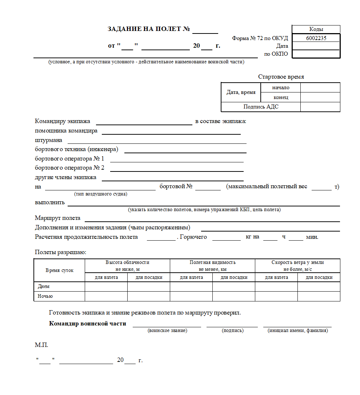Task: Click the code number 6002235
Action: coord(316,38)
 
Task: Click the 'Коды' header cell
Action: coord(316,29)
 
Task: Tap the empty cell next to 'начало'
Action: coord(320,87)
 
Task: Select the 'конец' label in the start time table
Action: coord(281,97)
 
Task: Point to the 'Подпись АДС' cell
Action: coord(261,107)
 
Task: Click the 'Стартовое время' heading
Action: coord(281,77)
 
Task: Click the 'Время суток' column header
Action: coord(59,270)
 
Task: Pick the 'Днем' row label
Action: coord(44,287)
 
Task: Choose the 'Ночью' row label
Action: coord(45,296)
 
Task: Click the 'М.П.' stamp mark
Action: coord(41,345)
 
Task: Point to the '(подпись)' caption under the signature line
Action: coord(232,331)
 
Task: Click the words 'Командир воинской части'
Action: coord(88,323)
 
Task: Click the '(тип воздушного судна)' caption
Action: coord(100,194)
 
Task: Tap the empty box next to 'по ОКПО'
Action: coord(316,54)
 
